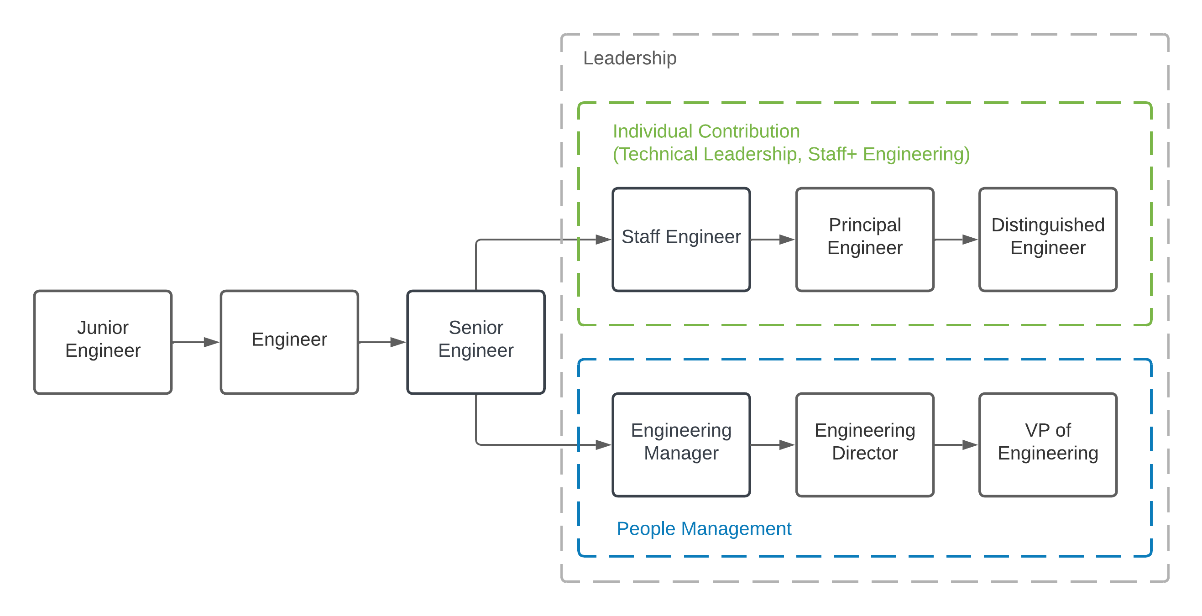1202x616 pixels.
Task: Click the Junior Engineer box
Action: tap(103, 342)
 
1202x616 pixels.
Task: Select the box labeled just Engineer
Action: tap(289, 342)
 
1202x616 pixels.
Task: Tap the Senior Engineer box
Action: tap(476, 342)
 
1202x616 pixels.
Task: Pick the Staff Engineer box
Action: tap(681, 240)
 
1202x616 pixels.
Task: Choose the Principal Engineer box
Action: tap(865, 240)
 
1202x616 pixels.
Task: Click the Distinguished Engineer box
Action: tap(1048, 240)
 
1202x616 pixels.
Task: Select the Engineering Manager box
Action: tap(681, 445)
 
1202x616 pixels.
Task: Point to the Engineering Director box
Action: tap(865, 445)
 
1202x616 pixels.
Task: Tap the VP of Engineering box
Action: tap(1048, 445)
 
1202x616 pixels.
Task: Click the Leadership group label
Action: tap(629, 58)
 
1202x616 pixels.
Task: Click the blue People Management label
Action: tap(704, 529)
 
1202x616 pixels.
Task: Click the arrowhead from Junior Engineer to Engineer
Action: tap(211, 342)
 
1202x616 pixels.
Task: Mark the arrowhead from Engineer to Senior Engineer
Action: tap(398, 342)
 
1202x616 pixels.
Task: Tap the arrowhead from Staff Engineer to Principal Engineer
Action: tap(787, 240)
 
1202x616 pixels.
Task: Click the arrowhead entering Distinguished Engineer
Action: tap(970, 240)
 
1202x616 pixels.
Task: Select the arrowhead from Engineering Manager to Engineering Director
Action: tap(787, 445)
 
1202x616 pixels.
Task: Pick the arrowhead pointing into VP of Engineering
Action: tap(970, 445)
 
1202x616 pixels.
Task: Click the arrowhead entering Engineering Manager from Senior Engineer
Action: tap(603, 445)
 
